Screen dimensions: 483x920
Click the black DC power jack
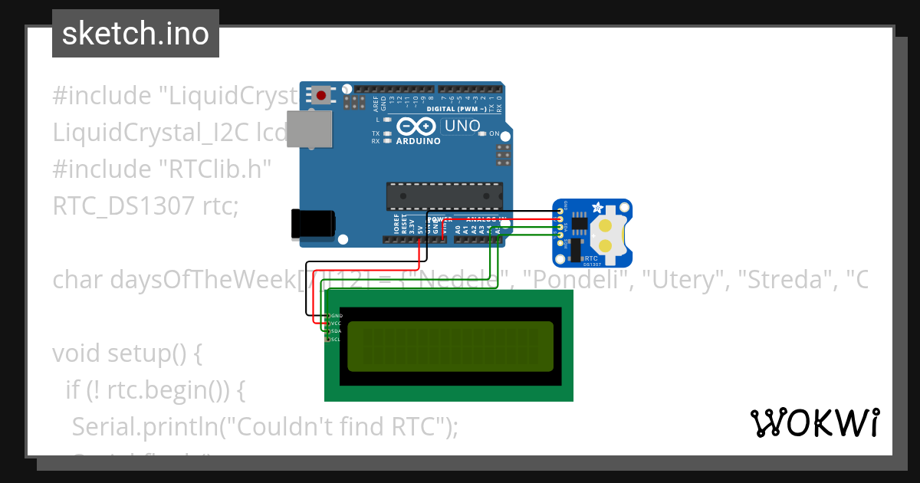pyautogui.click(x=313, y=224)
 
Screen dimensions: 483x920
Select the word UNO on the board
pyautogui.click(x=462, y=127)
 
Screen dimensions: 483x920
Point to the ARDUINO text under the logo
pyautogui.click(x=418, y=141)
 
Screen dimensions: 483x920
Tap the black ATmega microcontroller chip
pyautogui.click(x=445, y=196)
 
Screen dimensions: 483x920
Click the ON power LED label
pyautogui.click(x=495, y=133)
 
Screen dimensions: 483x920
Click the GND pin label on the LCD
pyautogui.click(x=337, y=315)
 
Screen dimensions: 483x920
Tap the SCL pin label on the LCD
pyautogui.click(x=336, y=339)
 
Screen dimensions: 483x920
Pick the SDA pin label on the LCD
pyautogui.click(x=336, y=331)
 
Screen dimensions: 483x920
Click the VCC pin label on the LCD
pyautogui.click(x=336, y=324)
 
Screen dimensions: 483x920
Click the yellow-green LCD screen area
pyautogui.click(x=450, y=347)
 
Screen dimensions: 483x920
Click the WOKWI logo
pyautogui.click(x=815, y=422)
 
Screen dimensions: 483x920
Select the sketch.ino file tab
pyautogui.click(x=136, y=34)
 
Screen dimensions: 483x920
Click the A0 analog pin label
pyautogui.click(x=458, y=228)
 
